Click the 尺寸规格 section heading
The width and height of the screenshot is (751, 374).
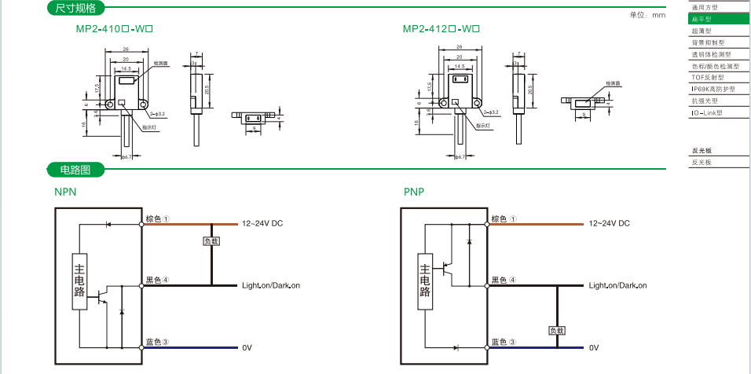pyautogui.click(x=76, y=9)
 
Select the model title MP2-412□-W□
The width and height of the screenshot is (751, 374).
pyautogui.click(x=441, y=29)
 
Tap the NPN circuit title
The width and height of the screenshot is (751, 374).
pyautogui.click(x=65, y=192)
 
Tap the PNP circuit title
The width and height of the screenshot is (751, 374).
pyautogui.click(x=414, y=192)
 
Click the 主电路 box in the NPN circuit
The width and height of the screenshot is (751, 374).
pyautogui.click(x=80, y=282)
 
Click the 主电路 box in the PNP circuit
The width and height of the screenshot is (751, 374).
pyautogui.click(x=425, y=282)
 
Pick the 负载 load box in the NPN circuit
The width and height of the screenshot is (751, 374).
pyautogui.click(x=211, y=241)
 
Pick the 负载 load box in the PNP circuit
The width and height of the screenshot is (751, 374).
pyautogui.click(x=556, y=331)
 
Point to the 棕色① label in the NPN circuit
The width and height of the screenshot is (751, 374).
pyautogui.click(x=158, y=219)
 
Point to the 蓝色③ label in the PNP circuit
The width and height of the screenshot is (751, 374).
pyautogui.click(x=504, y=342)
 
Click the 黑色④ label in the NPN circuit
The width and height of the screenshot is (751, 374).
pyautogui.click(x=158, y=280)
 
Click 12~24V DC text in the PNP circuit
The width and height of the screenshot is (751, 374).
pyautogui.click(x=610, y=224)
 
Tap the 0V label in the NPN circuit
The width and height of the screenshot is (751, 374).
pyautogui.click(x=247, y=347)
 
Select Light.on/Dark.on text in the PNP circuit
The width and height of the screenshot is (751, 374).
pyautogui.click(x=617, y=285)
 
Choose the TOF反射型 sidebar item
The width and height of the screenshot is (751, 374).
pyautogui.click(x=706, y=78)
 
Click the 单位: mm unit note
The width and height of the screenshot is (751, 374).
pyautogui.click(x=647, y=15)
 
